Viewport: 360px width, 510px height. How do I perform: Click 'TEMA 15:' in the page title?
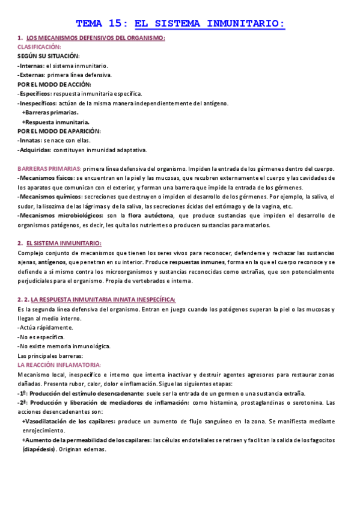coord(102,24)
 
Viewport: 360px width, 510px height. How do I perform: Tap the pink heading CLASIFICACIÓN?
coord(39,46)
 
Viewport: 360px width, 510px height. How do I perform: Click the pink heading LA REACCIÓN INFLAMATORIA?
coord(59,365)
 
